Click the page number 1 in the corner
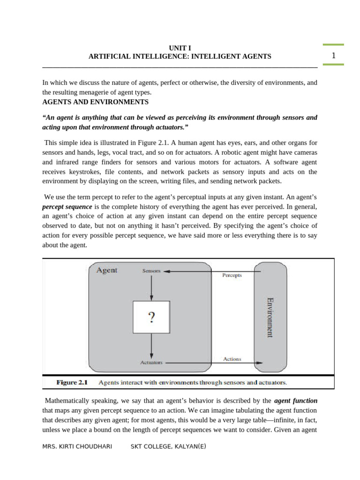coord(333,56)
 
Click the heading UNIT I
coord(180,48)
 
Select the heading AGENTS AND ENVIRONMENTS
coord(95,102)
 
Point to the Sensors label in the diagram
coord(151,271)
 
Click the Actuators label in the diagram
coord(151,362)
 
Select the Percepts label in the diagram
coord(232,276)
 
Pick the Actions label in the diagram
coord(232,359)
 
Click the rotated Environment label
coord(270,317)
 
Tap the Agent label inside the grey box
coord(107,270)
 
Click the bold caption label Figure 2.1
coord(72,382)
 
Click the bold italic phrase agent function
coord(295,401)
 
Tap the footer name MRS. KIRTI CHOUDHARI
coord(77,447)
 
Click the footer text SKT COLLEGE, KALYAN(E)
coord(168,447)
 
